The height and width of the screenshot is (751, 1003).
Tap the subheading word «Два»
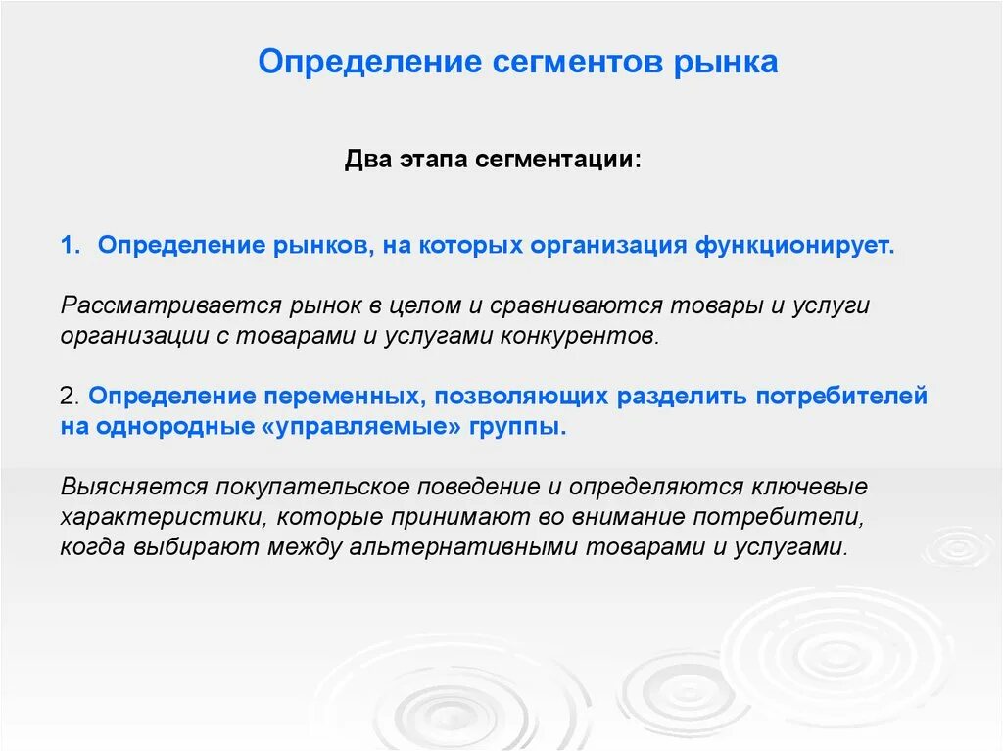[367, 160]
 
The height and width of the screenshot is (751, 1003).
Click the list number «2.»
[69, 398]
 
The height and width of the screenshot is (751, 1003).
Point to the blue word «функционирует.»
[795, 245]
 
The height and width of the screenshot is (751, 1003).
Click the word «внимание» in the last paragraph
[652, 517]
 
